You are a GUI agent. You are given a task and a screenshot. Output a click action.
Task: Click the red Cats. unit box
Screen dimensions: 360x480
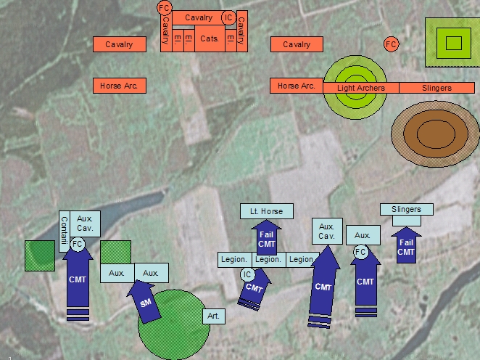tap(210, 38)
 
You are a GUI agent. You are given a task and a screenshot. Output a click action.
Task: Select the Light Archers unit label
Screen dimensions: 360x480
tap(360, 88)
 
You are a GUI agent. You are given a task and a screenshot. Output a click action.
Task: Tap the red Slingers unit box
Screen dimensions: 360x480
tap(436, 88)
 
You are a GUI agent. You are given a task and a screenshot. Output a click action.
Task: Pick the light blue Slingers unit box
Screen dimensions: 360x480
tap(406, 210)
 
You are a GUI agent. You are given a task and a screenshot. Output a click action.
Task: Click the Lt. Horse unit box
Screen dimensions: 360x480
tap(267, 211)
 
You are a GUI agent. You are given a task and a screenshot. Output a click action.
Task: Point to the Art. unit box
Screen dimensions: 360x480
tap(213, 316)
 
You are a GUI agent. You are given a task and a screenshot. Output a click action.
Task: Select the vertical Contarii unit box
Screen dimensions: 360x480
tap(64, 231)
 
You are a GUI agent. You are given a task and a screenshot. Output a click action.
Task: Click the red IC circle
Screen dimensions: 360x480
tap(228, 17)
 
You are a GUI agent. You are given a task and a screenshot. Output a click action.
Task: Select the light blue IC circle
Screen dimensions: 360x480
tap(247, 274)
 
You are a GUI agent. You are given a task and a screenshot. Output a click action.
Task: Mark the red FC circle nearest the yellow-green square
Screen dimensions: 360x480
tap(391, 44)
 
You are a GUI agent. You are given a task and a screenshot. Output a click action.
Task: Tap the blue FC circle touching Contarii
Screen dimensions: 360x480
tap(78, 243)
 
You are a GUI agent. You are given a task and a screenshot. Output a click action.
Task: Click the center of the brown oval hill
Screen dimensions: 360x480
tap(435, 134)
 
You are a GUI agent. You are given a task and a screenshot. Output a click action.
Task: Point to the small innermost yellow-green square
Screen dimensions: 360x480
tap(454, 42)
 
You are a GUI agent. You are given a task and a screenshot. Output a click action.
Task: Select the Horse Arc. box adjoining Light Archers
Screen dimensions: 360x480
tap(296, 86)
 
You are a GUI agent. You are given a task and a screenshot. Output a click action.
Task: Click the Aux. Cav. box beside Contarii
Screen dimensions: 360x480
tap(86, 223)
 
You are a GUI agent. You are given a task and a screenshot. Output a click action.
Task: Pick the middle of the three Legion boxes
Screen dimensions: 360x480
tap(268, 259)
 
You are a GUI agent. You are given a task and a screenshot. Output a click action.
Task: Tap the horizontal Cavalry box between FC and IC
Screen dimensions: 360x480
tap(199, 17)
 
